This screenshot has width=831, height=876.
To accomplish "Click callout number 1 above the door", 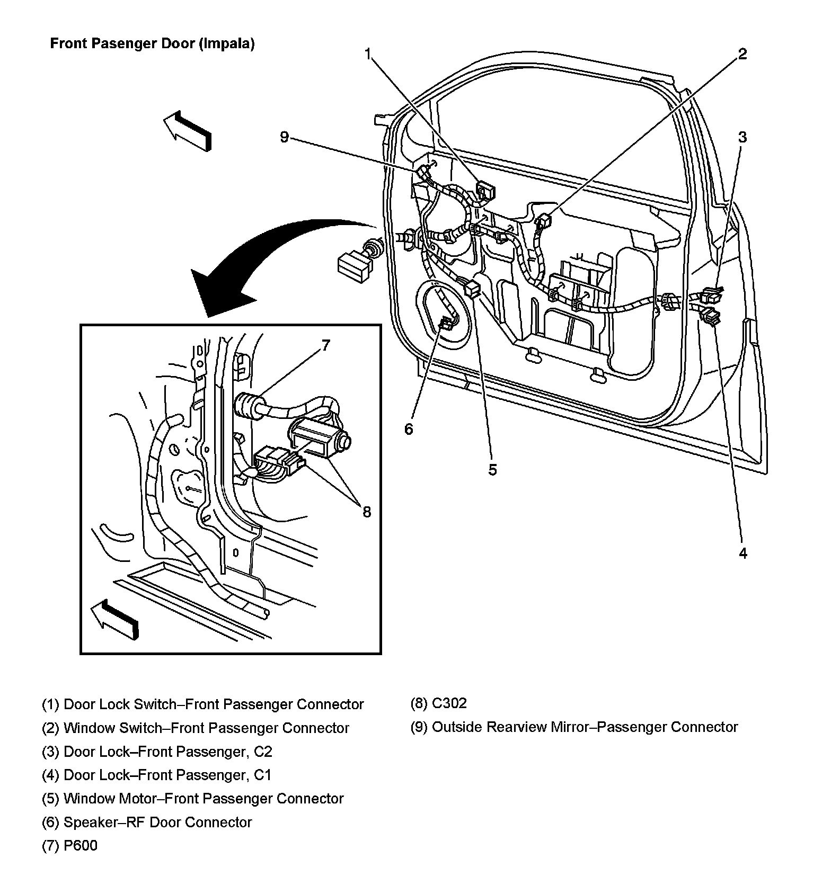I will click(x=368, y=53).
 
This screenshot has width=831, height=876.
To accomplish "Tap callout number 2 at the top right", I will click(x=742, y=53).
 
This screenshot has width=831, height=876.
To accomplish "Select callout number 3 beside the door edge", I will click(x=742, y=137).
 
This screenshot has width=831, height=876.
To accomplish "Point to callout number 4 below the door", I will click(x=743, y=553).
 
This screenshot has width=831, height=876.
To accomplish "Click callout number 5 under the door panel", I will click(x=493, y=470).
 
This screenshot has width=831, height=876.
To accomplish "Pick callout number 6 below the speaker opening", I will click(x=409, y=429).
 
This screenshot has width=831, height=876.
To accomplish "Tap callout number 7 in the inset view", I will click(x=325, y=345).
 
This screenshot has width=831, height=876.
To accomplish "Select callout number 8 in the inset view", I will click(x=367, y=512).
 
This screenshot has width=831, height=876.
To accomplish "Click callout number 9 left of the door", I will click(x=285, y=137).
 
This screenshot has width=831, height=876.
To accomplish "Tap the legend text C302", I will click(x=449, y=703).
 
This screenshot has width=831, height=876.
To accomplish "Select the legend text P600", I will click(x=80, y=845).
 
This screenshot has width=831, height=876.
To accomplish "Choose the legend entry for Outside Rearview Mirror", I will click(x=574, y=727).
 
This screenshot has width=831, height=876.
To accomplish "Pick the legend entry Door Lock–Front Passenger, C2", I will click(x=157, y=751).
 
